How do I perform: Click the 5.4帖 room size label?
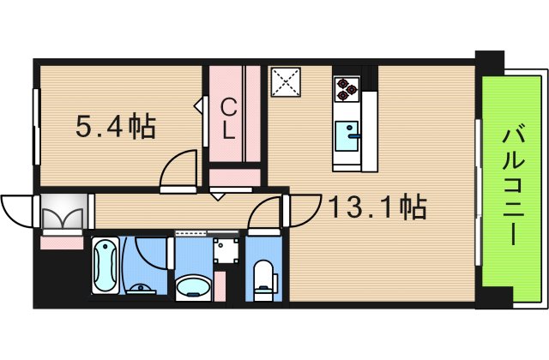[x=116, y=128]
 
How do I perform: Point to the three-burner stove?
[x=347, y=86]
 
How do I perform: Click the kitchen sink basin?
[x=348, y=135]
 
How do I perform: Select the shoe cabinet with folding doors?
[x=63, y=214]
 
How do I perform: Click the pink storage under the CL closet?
[x=234, y=177]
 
